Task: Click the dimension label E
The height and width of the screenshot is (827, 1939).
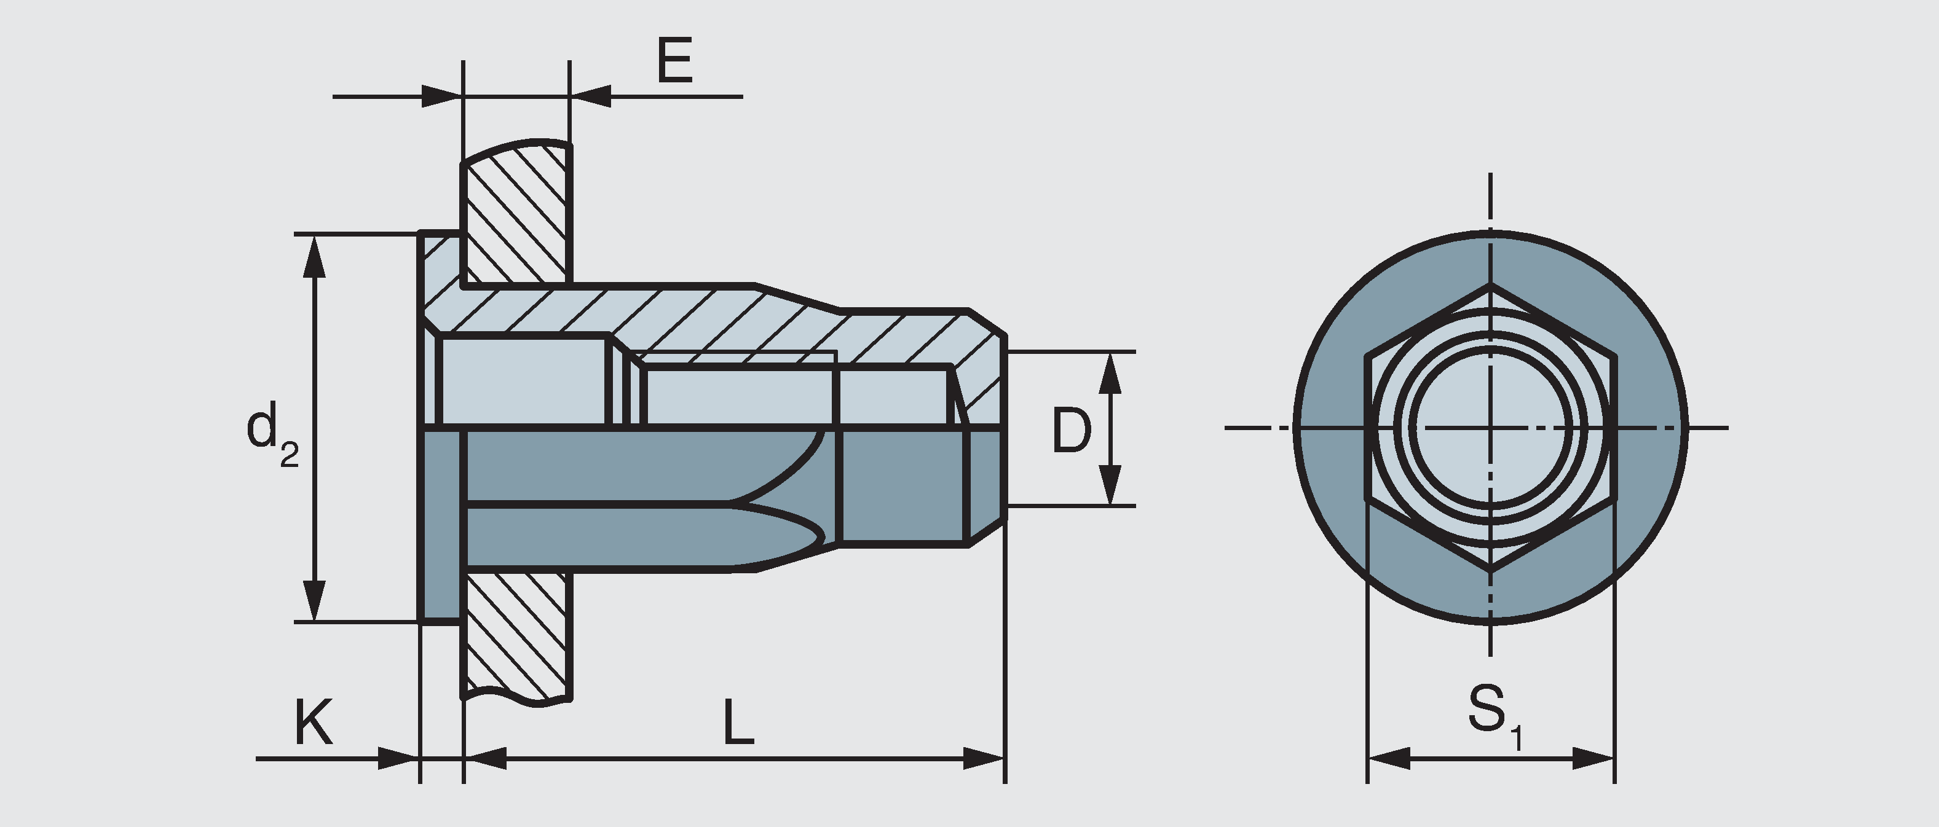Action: coord(674,61)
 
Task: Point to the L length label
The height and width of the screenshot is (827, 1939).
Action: coord(738,722)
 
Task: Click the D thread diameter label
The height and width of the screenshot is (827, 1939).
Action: coord(1070,431)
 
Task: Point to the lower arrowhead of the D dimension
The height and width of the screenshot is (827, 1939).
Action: coord(1110,485)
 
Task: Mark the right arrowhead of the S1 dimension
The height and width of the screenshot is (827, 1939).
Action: coord(1593,759)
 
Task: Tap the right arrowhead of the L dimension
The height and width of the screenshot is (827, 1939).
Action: coord(983,759)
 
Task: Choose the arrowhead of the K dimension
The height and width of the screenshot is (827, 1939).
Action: coord(397,759)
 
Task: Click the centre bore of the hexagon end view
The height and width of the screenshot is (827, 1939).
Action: coord(1490,428)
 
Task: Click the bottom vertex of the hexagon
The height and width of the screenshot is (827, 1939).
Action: coord(1490,573)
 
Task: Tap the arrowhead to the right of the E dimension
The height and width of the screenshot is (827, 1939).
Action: coord(591,96)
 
